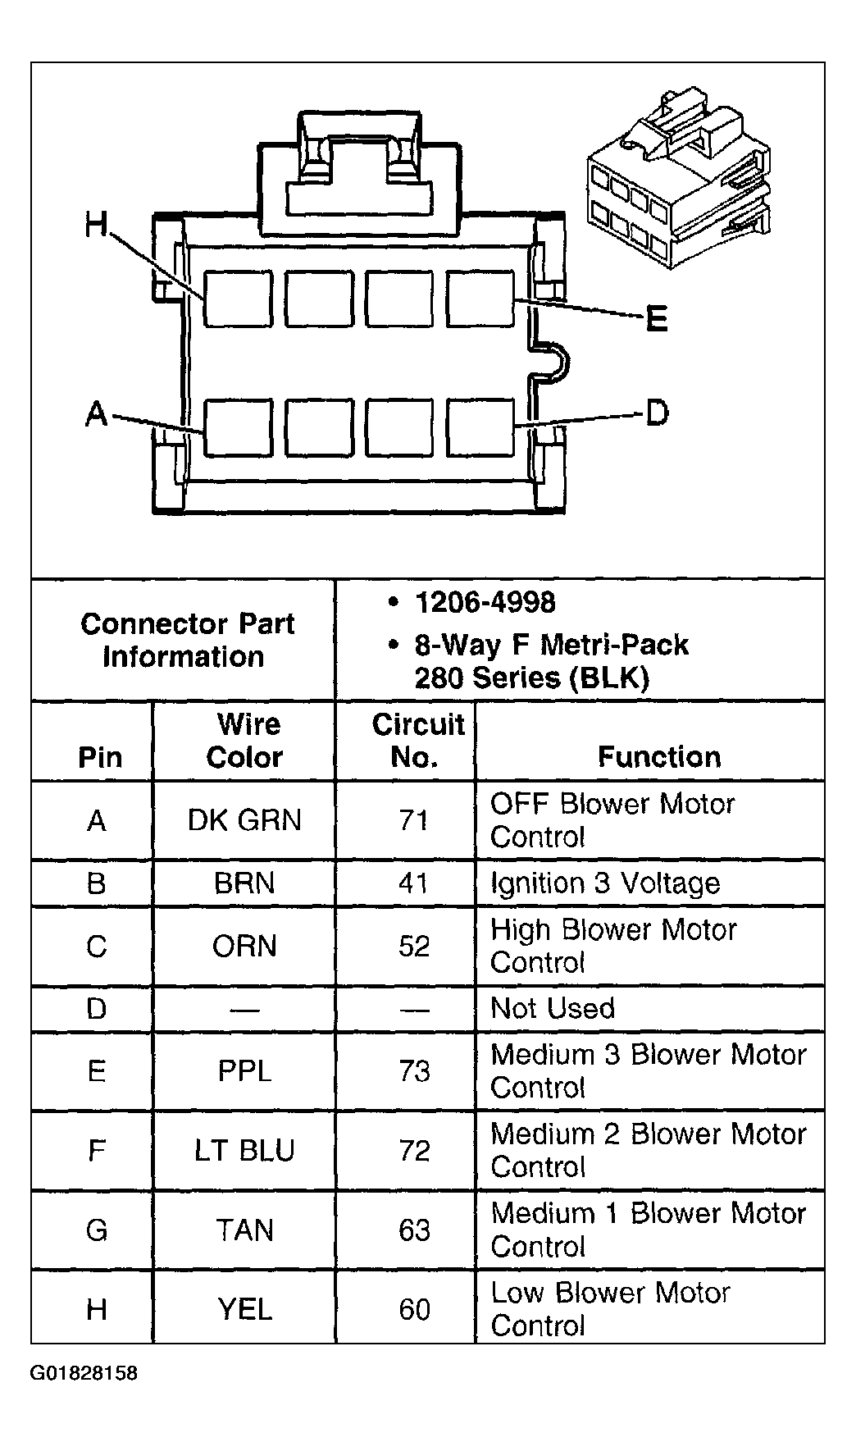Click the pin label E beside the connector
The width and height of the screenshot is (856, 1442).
pyautogui.click(x=657, y=318)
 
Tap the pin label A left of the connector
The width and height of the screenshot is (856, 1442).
pyautogui.click(x=97, y=413)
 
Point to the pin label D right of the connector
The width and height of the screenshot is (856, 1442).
pyautogui.click(x=658, y=413)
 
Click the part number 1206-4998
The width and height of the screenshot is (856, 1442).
pyautogui.click(x=485, y=603)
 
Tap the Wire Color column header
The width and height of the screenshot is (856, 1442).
pyautogui.click(x=245, y=741)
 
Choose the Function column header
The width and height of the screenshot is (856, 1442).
pyautogui.click(x=658, y=756)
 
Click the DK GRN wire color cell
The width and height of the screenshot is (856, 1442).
pyautogui.click(x=244, y=820)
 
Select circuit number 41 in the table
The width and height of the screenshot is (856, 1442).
pyautogui.click(x=413, y=883)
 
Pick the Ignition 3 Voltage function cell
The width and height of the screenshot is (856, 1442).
pyautogui.click(x=605, y=883)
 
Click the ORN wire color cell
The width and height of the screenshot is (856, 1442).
pyautogui.click(x=244, y=947)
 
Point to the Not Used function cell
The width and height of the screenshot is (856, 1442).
pyautogui.click(x=553, y=1008)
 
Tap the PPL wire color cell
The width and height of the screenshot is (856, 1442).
pyautogui.click(x=244, y=1071)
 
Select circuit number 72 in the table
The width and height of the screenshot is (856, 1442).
pyautogui.click(x=414, y=1151)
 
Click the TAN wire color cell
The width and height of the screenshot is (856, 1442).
pyautogui.click(x=244, y=1230)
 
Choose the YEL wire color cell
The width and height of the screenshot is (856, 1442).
pyautogui.click(x=244, y=1310)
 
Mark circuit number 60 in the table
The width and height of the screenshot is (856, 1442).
pyautogui.click(x=414, y=1310)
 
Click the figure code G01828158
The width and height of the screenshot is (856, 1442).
pyautogui.click(x=84, y=1373)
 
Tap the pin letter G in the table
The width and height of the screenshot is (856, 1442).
pyautogui.click(x=97, y=1230)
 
